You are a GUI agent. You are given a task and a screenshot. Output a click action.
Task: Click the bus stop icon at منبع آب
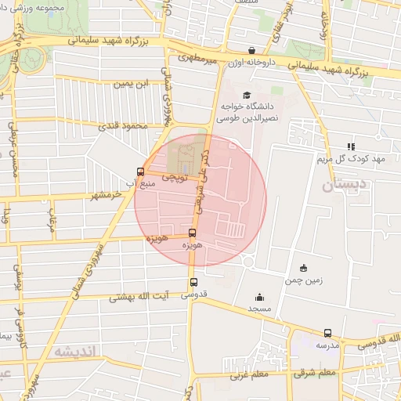(141, 172)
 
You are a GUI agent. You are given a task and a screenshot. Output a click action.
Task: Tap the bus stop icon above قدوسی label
(193, 283)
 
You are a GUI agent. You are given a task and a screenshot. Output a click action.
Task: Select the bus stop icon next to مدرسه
(327, 332)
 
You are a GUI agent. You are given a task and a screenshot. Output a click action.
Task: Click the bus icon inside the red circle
(193, 233)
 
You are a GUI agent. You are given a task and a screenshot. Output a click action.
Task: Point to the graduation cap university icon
(236, 96)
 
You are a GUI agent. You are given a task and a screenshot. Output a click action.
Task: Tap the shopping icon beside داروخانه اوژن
(251, 51)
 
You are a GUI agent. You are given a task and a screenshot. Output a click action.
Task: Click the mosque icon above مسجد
(260, 297)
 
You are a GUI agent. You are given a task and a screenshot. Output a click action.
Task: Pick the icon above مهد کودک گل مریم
(352, 146)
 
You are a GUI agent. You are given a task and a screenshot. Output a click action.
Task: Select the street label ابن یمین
(131, 83)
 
